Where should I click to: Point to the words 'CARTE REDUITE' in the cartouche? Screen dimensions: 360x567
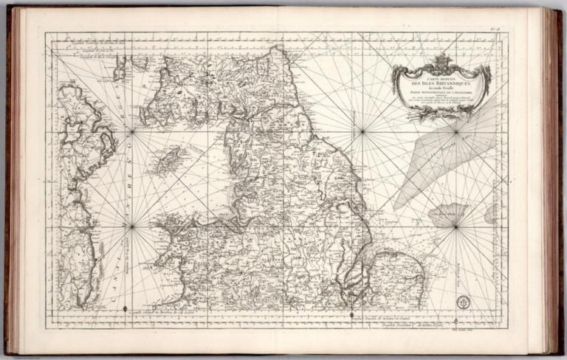441,77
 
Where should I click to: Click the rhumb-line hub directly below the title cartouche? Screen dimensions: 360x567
456,132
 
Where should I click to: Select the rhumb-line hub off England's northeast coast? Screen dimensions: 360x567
362,132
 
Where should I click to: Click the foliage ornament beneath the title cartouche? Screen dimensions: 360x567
441,113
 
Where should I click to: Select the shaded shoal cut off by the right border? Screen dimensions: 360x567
491,214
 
